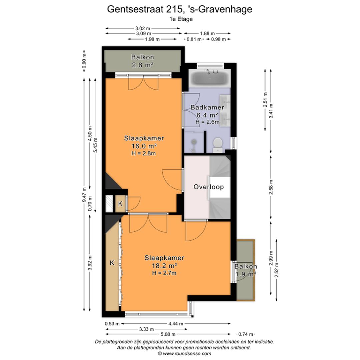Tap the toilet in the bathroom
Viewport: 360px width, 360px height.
click(x=218, y=144)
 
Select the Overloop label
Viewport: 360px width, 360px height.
click(x=209, y=187)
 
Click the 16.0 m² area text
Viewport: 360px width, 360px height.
click(x=144, y=146)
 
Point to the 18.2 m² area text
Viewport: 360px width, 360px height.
click(x=164, y=266)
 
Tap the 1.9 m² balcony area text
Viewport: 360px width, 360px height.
click(x=246, y=274)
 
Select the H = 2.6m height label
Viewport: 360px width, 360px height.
click(x=207, y=122)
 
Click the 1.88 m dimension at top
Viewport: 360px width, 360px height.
click(x=207, y=33)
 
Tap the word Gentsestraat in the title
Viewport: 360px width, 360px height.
click(x=136, y=9)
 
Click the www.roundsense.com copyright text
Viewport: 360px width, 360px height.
click(x=184, y=353)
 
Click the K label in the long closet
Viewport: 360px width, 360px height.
click(x=112, y=263)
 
